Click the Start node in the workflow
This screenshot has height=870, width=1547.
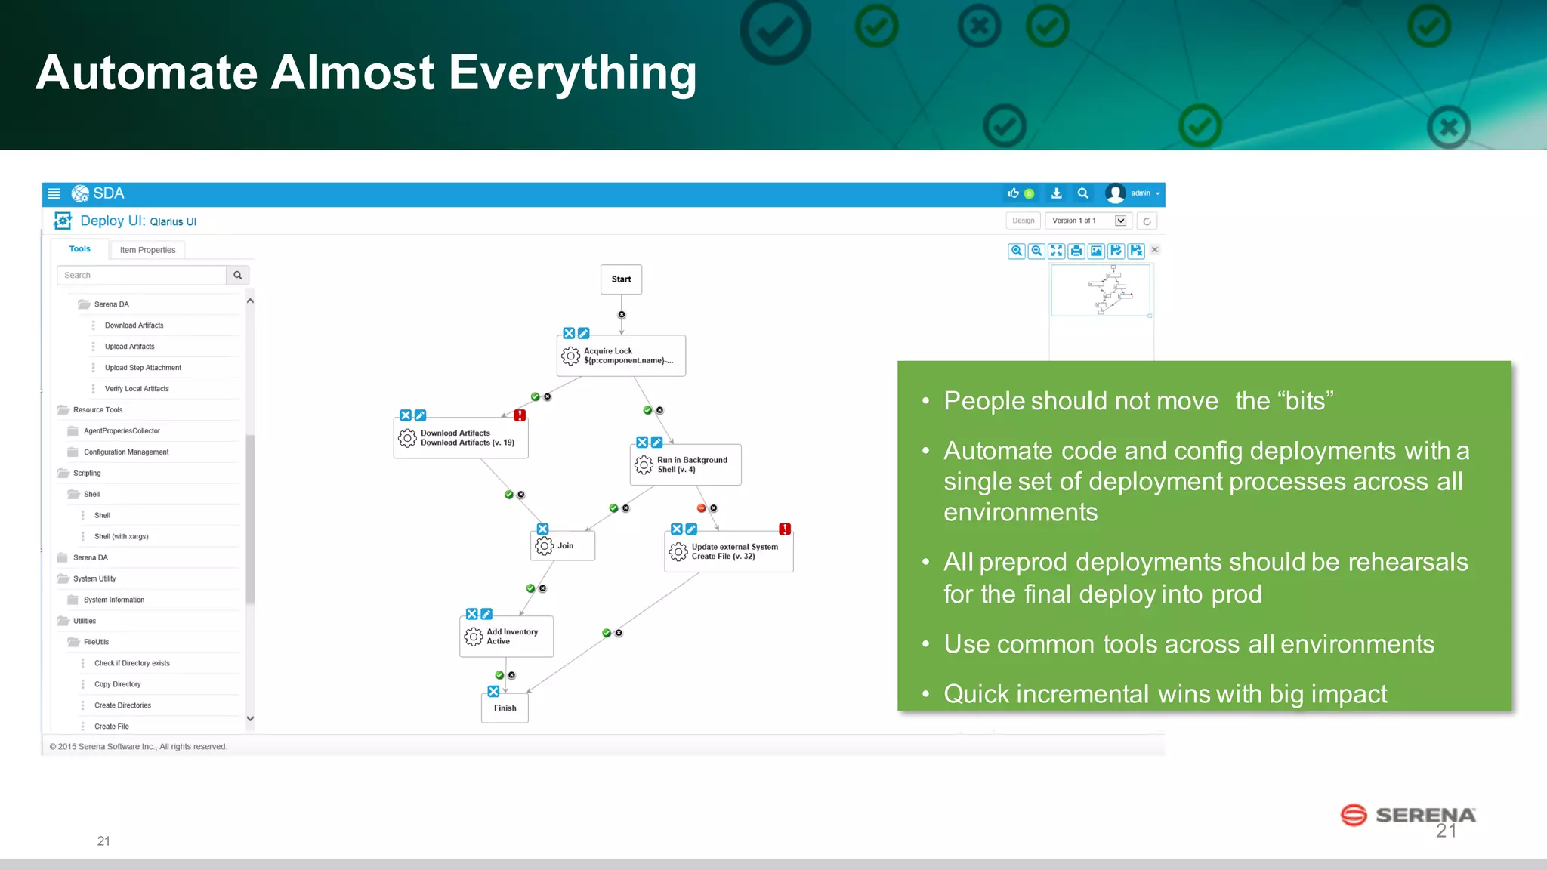(621, 279)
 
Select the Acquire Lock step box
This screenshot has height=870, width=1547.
(621, 356)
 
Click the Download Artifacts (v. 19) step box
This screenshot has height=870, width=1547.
(461, 438)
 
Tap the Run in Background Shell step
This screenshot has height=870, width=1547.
(685, 464)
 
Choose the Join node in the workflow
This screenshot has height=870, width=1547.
(563, 545)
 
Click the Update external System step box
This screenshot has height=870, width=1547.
(728, 551)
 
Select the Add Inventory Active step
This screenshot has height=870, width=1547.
(506, 637)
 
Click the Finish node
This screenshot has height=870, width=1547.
(505, 708)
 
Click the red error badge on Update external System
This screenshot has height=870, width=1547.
(785, 529)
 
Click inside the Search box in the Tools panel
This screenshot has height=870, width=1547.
(141, 275)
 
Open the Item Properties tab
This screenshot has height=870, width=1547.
(147, 250)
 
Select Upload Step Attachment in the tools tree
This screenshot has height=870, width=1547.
(143, 368)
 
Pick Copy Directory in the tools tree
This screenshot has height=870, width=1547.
(117, 684)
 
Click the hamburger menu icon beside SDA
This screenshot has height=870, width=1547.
(54, 193)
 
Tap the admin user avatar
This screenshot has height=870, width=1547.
(1115, 193)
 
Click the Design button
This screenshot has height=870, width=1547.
(1023, 221)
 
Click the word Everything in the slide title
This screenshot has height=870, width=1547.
(572, 73)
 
